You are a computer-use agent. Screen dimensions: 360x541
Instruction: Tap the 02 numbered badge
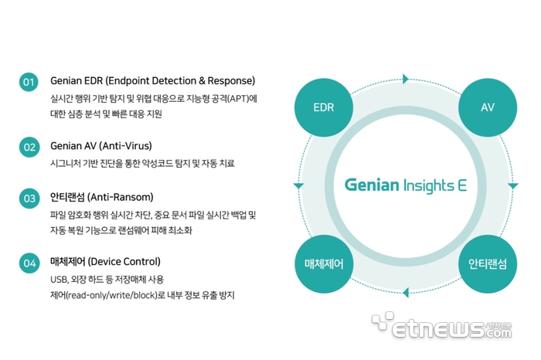[29, 146]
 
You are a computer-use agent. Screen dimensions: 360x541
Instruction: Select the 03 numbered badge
[29, 198]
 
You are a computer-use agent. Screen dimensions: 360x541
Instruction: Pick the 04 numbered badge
[29, 263]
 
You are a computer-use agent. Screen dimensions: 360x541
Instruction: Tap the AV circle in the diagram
[488, 107]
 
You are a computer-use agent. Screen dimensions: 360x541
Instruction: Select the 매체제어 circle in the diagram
[324, 263]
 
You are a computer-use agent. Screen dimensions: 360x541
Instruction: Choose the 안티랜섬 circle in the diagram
[488, 263]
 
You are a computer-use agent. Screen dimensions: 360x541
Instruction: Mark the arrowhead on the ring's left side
[298, 186]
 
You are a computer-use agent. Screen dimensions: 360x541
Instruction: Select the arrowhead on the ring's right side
[513, 186]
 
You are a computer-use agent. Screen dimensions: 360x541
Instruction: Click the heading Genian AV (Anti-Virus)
[101, 145]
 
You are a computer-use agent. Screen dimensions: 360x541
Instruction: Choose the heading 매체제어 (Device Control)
[106, 262]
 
